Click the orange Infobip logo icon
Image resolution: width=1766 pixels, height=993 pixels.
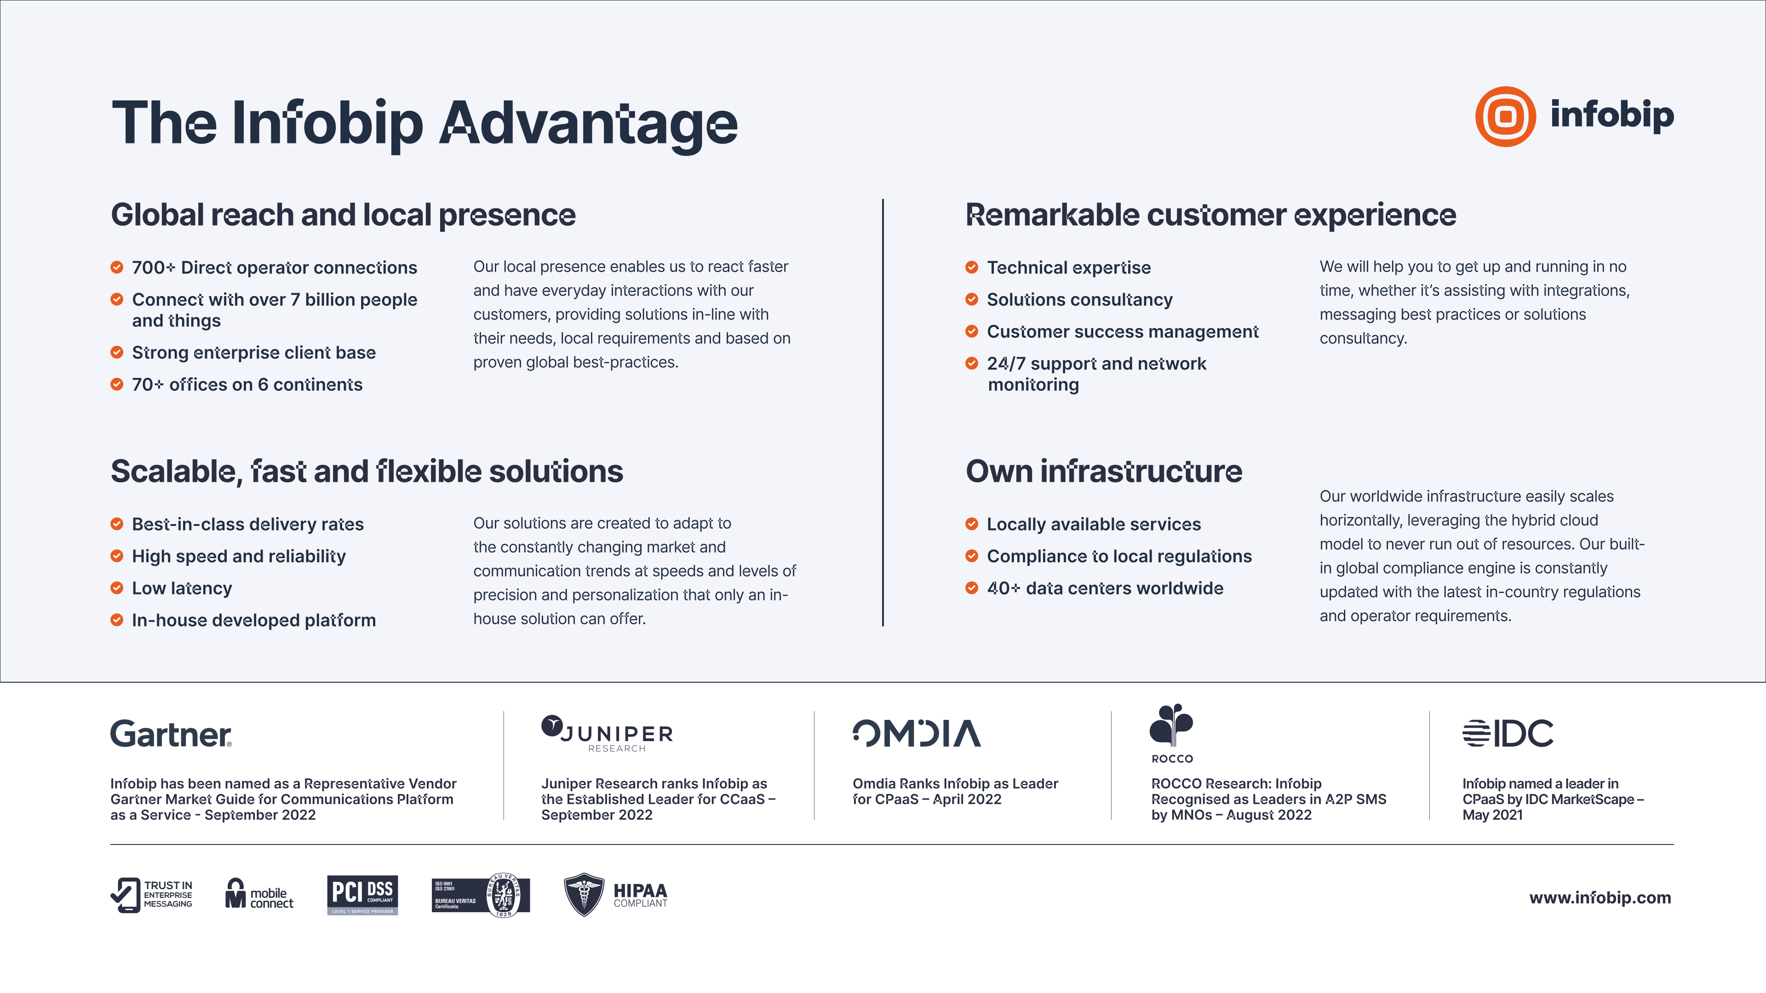click(x=1506, y=116)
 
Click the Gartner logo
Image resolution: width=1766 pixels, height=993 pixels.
click(x=171, y=734)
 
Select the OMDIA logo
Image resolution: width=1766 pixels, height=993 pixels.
click(x=917, y=733)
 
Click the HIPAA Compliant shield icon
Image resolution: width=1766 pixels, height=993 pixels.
click(x=584, y=894)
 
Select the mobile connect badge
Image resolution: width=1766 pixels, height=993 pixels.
click(x=259, y=894)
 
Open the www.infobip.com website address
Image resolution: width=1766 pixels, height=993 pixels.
click(x=1600, y=898)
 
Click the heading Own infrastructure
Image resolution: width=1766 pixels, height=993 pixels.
click(x=1104, y=472)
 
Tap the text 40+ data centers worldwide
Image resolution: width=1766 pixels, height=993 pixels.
click(x=1105, y=588)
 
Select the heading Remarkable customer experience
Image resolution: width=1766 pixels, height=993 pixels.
click(x=1211, y=215)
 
